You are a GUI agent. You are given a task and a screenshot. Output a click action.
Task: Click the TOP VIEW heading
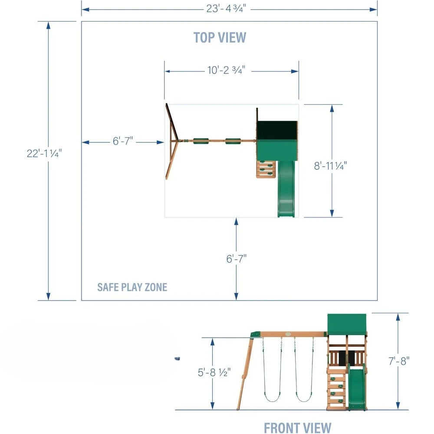point(220,37)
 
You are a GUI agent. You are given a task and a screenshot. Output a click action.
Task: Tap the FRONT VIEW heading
point(297,427)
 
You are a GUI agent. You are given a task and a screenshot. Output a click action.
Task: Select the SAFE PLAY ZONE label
point(132,287)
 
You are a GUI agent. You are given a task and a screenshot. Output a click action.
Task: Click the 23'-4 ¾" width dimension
point(229,8)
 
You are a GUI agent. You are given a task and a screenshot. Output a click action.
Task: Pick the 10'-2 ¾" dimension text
point(226,71)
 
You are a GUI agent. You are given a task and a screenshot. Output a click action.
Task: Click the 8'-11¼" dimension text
point(331,165)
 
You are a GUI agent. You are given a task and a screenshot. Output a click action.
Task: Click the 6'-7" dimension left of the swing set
point(123,141)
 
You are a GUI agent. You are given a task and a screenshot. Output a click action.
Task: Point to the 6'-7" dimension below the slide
point(236,259)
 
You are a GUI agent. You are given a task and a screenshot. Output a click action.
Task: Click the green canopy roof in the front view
point(347,323)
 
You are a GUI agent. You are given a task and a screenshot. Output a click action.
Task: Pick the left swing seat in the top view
point(201,140)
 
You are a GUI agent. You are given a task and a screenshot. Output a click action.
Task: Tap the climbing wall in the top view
point(266,169)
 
